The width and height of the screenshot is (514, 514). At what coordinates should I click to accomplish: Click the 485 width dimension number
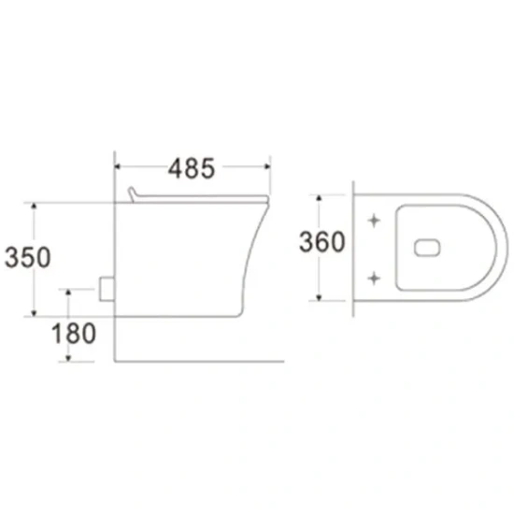[192, 168]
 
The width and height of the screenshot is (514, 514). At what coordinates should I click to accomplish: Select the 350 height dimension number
[27, 257]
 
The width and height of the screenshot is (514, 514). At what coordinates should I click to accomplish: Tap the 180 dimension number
[74, 334]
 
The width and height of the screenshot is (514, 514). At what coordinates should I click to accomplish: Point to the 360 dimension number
[321, 242]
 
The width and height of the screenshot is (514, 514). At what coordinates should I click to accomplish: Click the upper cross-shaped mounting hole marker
[374, 221]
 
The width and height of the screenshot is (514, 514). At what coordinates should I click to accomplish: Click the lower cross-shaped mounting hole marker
[374, 278]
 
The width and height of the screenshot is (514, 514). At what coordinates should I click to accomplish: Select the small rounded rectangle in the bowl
[427, 248]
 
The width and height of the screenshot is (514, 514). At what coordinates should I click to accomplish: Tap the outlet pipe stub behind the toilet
[107, 289]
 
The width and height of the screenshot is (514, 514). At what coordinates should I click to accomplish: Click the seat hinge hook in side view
[132, 194]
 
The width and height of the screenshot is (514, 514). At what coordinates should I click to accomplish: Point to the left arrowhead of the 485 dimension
[118, 166]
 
